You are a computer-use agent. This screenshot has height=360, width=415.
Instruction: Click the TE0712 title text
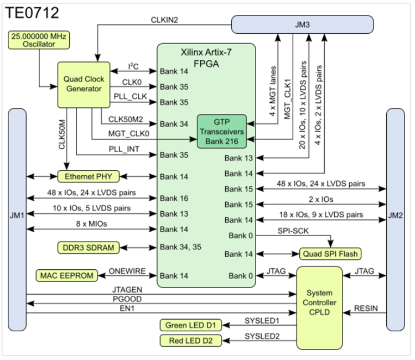[x=33, y=13]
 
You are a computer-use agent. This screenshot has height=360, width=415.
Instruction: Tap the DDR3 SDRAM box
[x=87, y=247]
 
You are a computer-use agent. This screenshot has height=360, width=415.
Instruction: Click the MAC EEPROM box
[x=65, y=275]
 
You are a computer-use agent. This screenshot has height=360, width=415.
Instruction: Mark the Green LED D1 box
[x=190, y=325]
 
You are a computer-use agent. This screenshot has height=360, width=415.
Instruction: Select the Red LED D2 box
[x=190, y=340]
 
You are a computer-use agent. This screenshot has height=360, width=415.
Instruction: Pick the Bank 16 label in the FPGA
[x=174, y=197]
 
